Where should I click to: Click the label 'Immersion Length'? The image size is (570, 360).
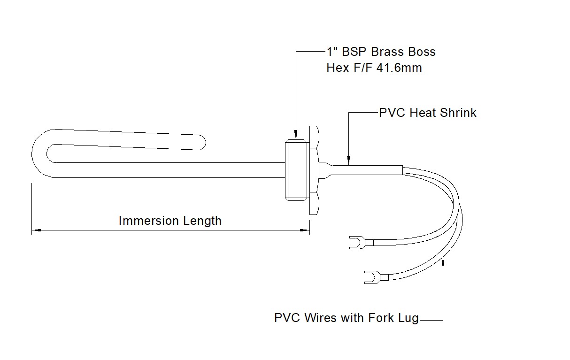pos(170,221)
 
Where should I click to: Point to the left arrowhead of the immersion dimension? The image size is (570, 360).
pos(36,230)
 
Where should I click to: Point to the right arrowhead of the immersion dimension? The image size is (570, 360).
pos(305,230)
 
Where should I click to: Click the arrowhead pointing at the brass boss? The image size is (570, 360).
pos(296,137)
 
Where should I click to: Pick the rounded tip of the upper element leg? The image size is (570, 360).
pos(202,141)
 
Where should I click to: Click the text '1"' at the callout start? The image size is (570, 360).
pos(332,51)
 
